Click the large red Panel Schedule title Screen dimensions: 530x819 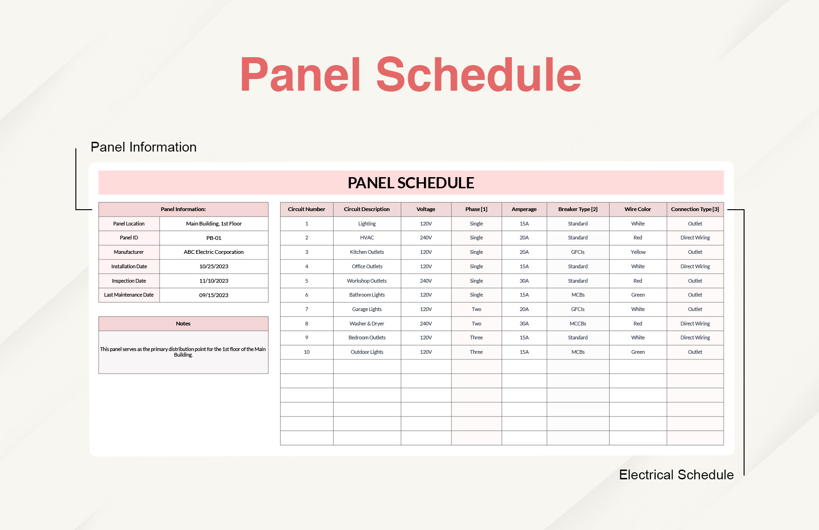point(410,75)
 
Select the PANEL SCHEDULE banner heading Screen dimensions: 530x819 point(410,183)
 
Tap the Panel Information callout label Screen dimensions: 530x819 point(143,147)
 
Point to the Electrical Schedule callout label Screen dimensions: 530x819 point(676,475)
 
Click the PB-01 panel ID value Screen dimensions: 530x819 point(214,238)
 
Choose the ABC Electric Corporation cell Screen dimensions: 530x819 point(214,252)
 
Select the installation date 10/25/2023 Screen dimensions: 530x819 point(214,266)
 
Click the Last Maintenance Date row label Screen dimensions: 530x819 point(129,295)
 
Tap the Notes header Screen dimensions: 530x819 point(183,324)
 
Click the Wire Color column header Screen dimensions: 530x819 point(638,209)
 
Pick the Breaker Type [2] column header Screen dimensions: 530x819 point(577,209)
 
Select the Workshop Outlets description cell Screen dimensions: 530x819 point(367,281)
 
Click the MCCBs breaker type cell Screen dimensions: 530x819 point(577,324)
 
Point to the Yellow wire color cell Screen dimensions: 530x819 point(638,252)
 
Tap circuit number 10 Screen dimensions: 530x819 point(307,352)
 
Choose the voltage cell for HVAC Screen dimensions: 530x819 point(426,238)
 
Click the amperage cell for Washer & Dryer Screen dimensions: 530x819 point(524,324)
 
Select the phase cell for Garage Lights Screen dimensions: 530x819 point(476,309)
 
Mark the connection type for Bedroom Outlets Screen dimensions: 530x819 point(695,338)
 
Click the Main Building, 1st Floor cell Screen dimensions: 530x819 point(214,224)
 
